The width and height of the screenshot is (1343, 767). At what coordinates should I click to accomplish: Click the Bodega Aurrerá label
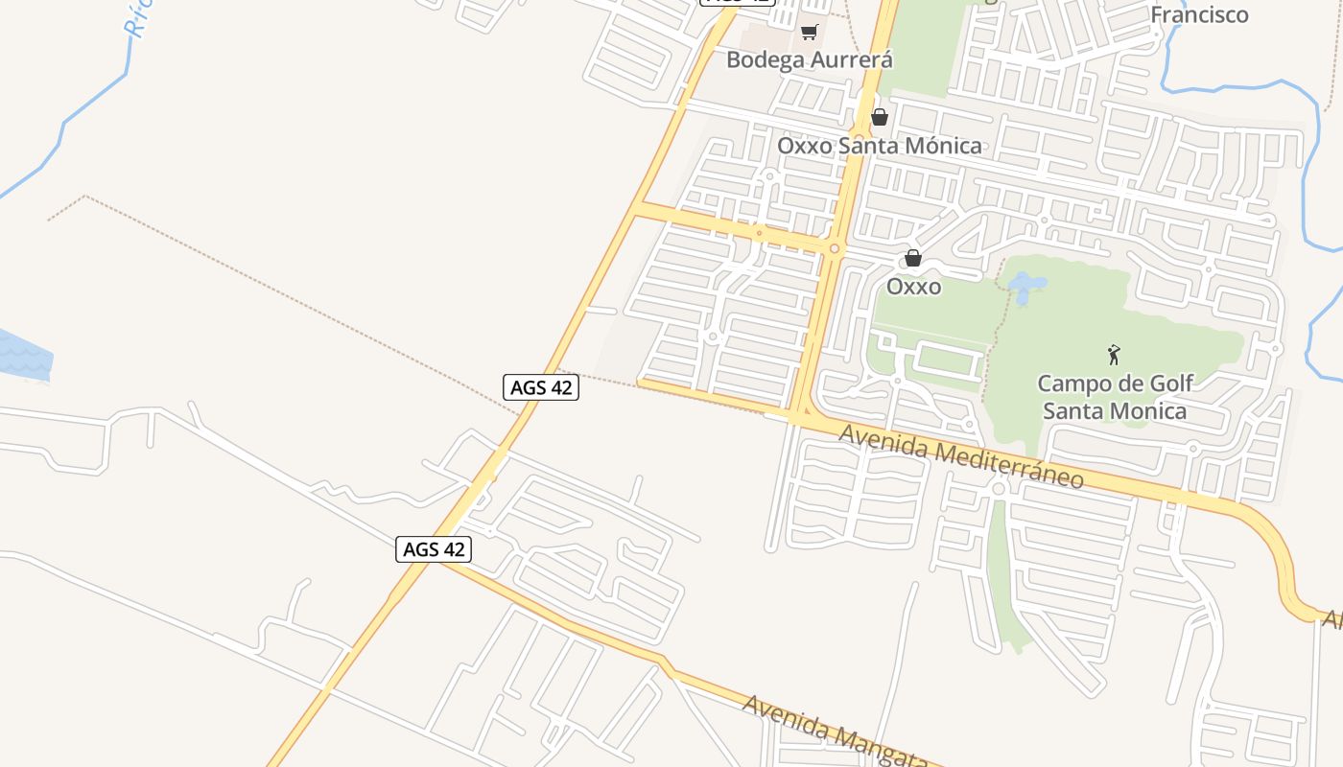point(809,59)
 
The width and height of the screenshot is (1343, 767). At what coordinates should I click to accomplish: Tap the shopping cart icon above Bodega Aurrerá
point(809,33)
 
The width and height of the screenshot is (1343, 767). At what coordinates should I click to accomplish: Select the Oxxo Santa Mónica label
point(879,146)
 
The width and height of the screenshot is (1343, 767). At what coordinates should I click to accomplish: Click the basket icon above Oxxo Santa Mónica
point(879,118)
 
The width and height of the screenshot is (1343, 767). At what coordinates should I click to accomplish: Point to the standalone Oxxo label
point(913,287)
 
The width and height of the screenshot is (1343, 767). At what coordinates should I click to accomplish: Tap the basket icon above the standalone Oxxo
point(913,258)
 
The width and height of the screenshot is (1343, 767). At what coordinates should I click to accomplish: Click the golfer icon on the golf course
point(1114,355)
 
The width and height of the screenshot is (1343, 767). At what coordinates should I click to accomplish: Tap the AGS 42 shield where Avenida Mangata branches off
point(434,549)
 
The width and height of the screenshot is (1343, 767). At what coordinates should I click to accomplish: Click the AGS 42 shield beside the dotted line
point(541,387)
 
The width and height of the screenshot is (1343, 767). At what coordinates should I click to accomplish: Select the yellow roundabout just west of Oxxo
point(835,249)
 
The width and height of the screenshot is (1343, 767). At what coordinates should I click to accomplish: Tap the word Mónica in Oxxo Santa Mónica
point(944,146)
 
